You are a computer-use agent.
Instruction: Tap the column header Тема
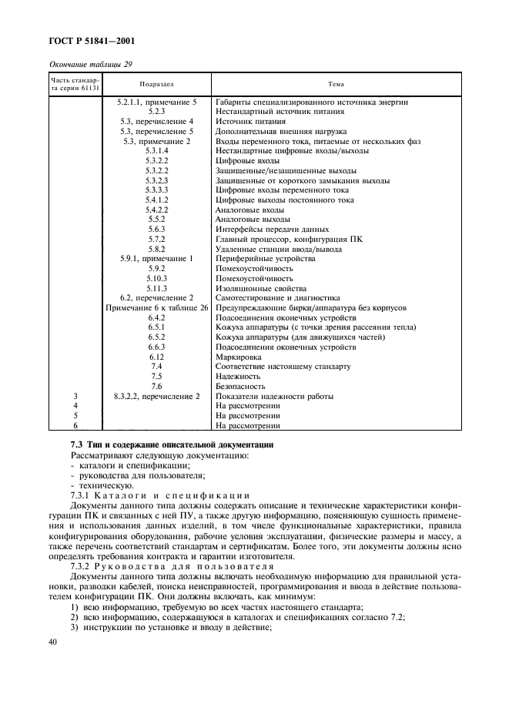point(335,84)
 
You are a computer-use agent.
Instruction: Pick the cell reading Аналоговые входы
point(249,210)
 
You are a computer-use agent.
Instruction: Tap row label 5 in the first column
point(75,415)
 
